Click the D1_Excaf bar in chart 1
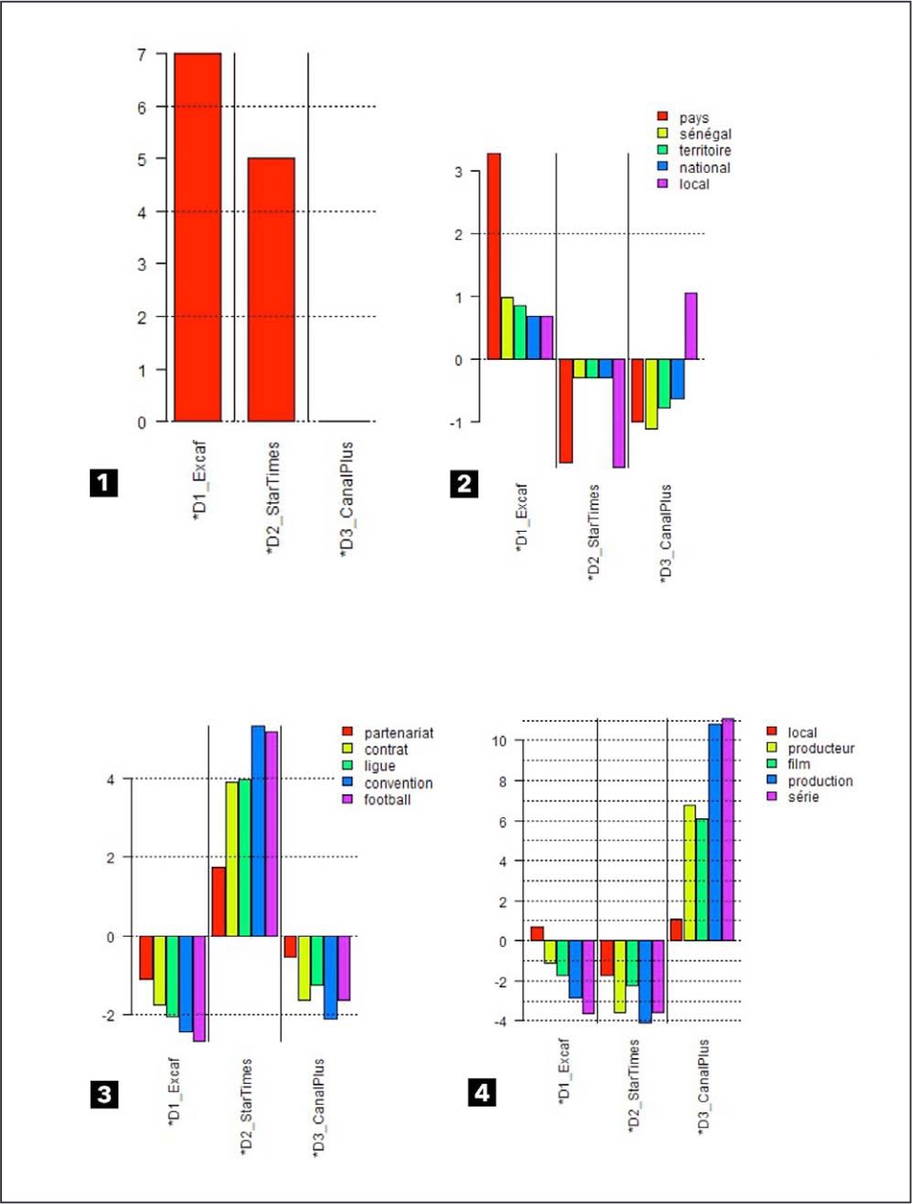(x=198, y=237)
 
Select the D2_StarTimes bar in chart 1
(x=271, y=289)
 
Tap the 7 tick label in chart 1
(x=142, y=54)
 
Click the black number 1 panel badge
(x=104, y=483)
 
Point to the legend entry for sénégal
(x=694, y=134)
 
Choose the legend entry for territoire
(x=694, y=150)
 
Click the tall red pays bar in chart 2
(x=494, y=256)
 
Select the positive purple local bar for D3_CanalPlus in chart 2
(x=691, y=326)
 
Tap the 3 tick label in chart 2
(x=458, y=172)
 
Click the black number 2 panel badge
(x=464, y=484)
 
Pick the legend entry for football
(x=376, y=800)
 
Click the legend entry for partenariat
(x=388, y=733)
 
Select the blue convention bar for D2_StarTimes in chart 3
(x=258, y=831)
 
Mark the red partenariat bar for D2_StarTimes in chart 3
(x=219, y=901)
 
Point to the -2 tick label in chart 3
(x=108, y=1015)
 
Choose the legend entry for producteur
(x=811, y=749)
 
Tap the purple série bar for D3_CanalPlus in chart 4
(x=728, y=830)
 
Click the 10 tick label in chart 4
(x=499, y=741)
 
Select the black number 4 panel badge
(x=482, y=1093)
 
